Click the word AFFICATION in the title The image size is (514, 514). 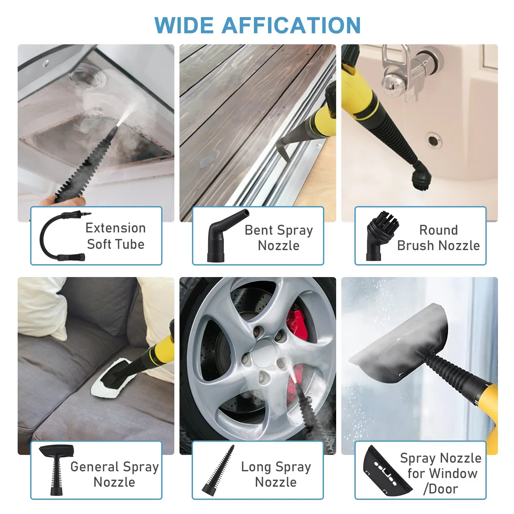coord(291,25)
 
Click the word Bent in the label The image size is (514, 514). coord(259,230)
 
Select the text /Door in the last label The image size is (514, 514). coord(440,489)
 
